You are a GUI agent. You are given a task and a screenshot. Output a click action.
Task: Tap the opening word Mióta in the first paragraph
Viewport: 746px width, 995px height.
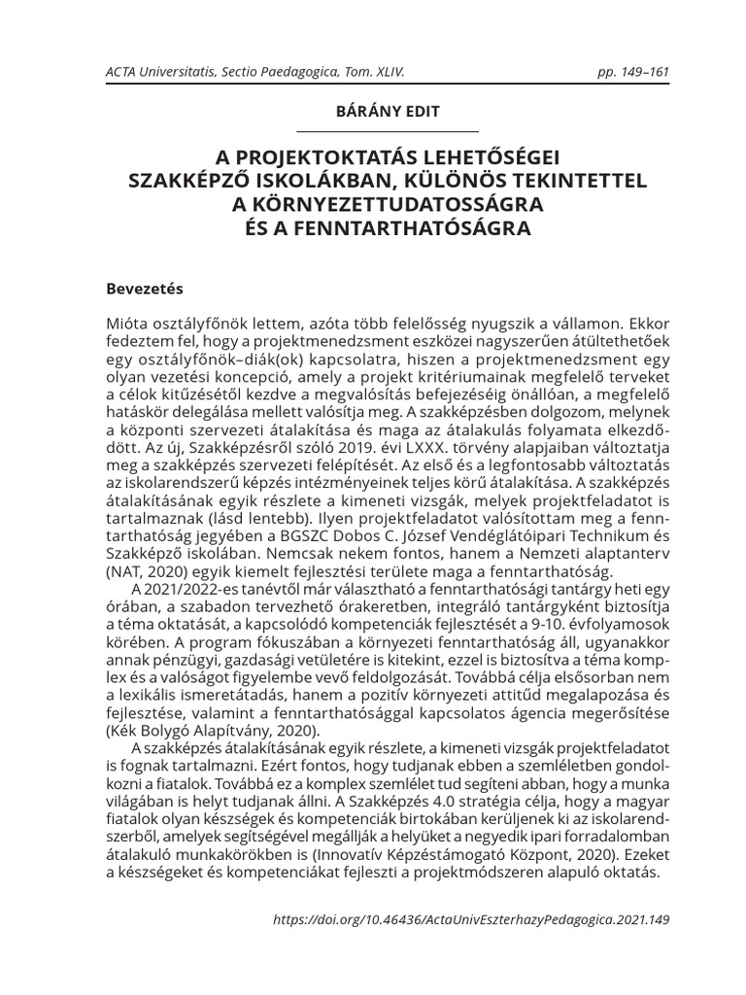[126, 322]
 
